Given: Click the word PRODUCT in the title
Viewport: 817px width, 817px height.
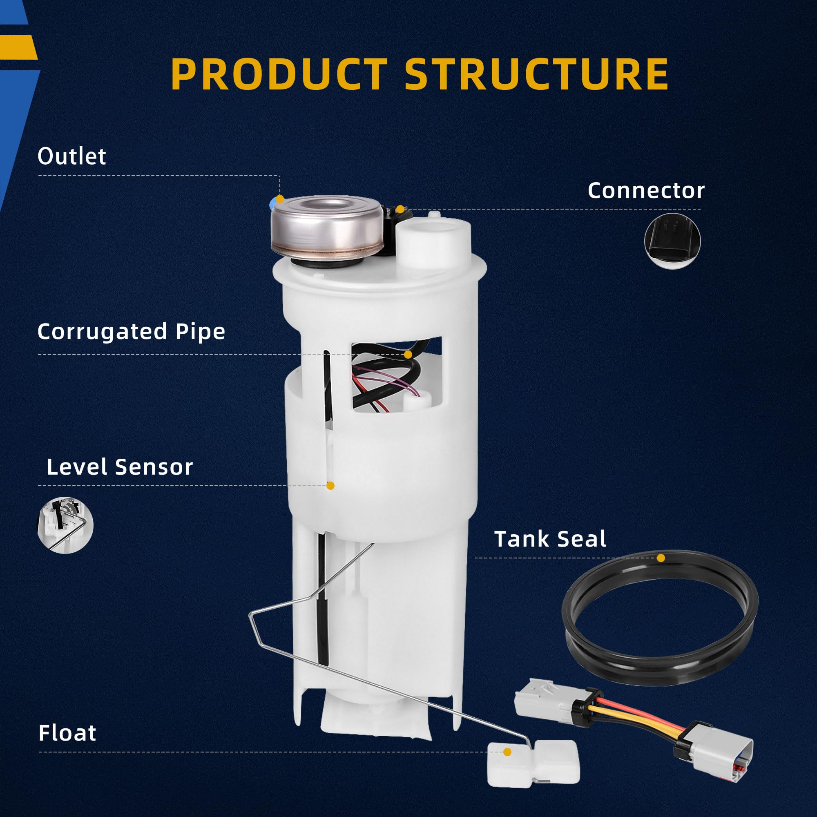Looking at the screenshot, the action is pos(279,74).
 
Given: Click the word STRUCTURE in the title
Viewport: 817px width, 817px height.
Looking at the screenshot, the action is pos(537,74).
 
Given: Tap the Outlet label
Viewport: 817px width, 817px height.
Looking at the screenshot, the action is pos(71,156).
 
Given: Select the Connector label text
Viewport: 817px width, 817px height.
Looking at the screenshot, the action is pos(646,191).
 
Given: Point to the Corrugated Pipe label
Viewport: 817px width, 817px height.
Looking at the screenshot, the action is pos(131,332).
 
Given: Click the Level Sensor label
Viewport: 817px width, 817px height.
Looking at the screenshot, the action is pos(120,467).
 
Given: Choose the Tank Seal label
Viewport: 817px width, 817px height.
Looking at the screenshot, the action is pos(550,539).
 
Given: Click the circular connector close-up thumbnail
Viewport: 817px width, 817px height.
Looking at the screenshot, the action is pos(672,241).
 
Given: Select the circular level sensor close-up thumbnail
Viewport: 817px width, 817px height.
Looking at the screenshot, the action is pos(65,525).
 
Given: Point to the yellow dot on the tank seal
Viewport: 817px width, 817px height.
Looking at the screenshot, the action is pos(661,558).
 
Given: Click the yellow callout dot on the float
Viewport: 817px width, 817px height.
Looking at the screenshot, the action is pos(507,752).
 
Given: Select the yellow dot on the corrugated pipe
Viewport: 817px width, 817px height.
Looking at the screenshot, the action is pos(408,354).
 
